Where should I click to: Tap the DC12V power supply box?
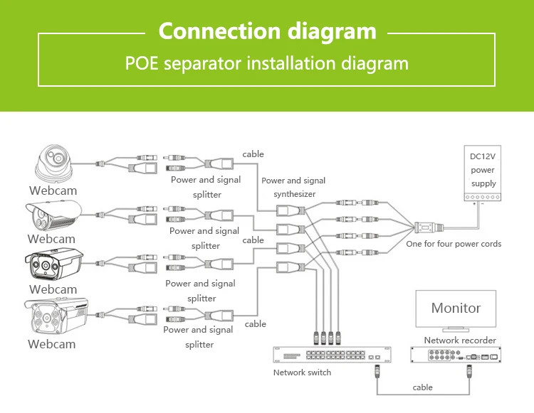coord(483,175)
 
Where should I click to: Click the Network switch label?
coord(302,372)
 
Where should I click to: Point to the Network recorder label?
coord(460,340)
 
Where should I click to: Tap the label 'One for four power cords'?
coord(454,244)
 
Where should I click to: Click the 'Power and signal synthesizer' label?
coord(293,187)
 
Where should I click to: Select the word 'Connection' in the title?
coord(219,31)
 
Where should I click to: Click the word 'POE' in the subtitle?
coord(142,63)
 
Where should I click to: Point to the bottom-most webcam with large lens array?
coord(54,317)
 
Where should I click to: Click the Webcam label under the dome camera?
coord(53,191)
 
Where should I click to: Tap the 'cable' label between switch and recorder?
coord(423,387)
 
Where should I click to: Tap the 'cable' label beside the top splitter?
coord(253,154)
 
